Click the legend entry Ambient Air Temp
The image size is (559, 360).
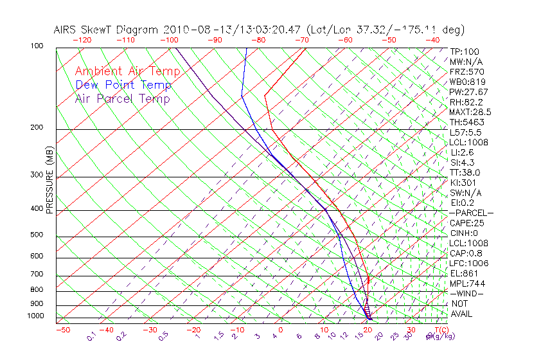click(x=127, y=71)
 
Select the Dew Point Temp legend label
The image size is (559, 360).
click(x=123, y=85)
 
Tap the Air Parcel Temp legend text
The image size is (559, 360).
click(x=122, y=98)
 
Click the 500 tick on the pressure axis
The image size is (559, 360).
click(x=36, y=235)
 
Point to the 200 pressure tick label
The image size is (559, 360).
click(x=36, y=128)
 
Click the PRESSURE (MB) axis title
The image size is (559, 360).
click(x=49, y=181)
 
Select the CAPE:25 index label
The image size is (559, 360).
click(x=467, y=223)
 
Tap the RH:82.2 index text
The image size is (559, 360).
click(x=465, y=102)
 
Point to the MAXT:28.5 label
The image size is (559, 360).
click(x=470, y=113)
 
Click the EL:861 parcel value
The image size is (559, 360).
click(x=463, y=273)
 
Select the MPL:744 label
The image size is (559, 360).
click(x=467, y=283)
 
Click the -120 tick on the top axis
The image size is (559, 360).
click(x=82, y=40)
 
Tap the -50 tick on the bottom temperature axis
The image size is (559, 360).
click(x=63, y=330)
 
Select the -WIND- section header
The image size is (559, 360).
click(x=467, y=293)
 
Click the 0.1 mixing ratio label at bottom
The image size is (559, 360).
click(x=91, y=336)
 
